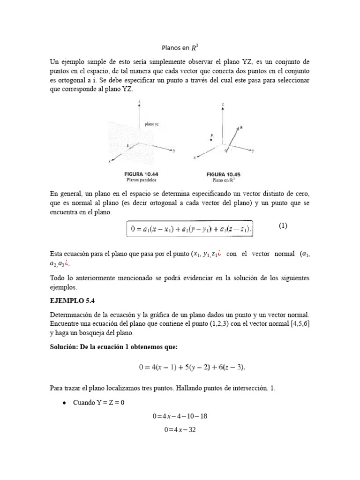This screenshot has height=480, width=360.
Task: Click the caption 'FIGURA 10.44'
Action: (141, 174)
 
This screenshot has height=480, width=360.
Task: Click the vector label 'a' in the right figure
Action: (241, 127)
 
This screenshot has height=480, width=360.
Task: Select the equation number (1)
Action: (283, 226)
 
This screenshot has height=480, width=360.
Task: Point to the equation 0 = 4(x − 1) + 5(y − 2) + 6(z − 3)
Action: (192, 367)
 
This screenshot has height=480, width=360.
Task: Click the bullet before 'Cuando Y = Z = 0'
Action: (62, 403)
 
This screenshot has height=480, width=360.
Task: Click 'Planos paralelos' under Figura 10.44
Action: (141, 180)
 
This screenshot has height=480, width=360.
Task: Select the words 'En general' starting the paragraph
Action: (64, 194)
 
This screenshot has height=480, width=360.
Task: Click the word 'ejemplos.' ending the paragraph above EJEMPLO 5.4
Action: (62, 287)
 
